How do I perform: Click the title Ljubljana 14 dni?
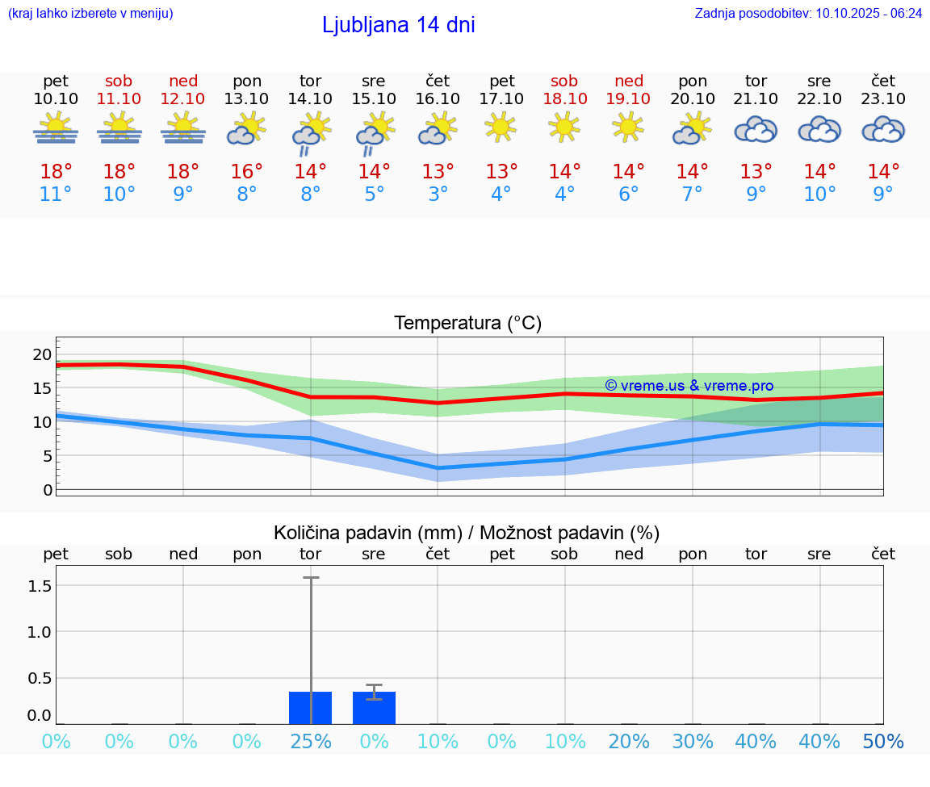click(x=398, y=25)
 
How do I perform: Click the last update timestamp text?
click(x=808, y=13)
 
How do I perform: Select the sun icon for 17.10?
click(x=501, y=127)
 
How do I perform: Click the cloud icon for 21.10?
click(x=756, y=129)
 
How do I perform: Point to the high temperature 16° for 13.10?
click(x=247, y=172)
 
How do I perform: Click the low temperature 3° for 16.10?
click(x=438, y=195)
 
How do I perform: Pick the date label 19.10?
click(x=628, y=99)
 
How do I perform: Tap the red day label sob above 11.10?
click(x=119, y=81)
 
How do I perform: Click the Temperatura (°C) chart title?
click(x=467, y=324)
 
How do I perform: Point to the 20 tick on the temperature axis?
click(x=42, y=354)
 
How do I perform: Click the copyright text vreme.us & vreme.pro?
click(x=689, y=386)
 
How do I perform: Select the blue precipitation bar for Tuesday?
click(x=311, y=708)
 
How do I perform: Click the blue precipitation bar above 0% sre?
click(x=374, y=708)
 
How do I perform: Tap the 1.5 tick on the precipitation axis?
click(x=40, y=585)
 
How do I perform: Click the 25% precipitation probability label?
click(x=311, y=742)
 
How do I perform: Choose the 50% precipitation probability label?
click(x=883, y=742)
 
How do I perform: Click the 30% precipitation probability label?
click(x=693, y=742)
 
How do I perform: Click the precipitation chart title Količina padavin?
click(x=467, y=533)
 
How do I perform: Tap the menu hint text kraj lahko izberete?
click(x=90, y=13)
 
